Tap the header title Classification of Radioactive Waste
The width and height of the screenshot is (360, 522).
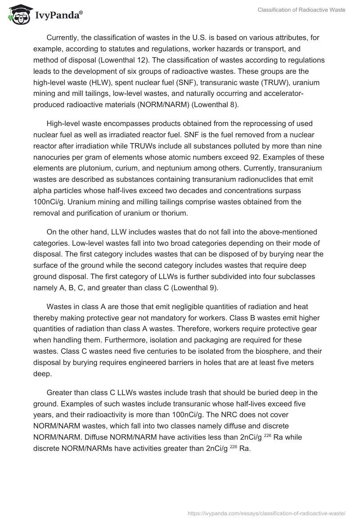click(x=301, y=9)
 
